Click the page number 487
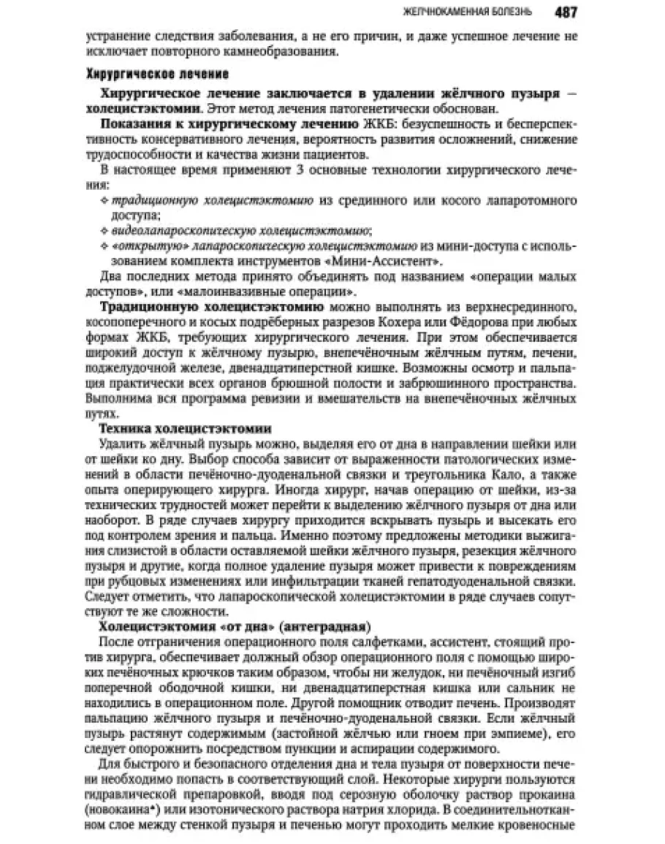(566, 12)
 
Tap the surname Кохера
(368, 324)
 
